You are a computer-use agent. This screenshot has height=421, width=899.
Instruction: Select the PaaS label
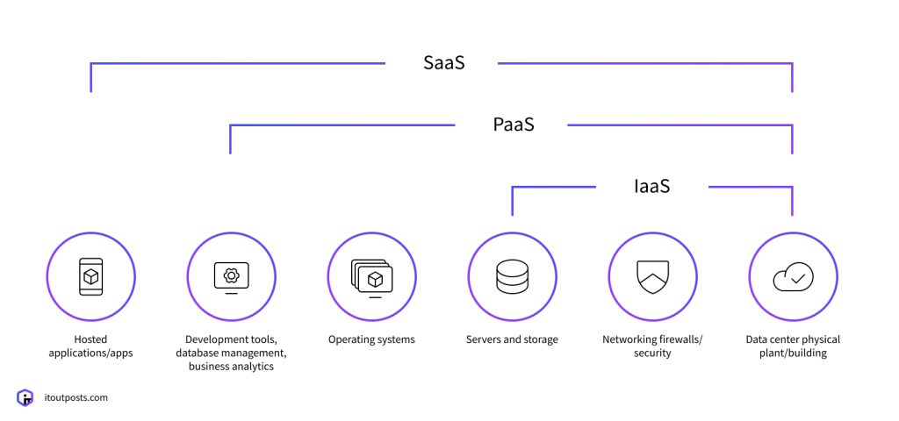coord(513,125)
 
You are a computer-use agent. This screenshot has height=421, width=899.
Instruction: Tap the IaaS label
coord(651,186)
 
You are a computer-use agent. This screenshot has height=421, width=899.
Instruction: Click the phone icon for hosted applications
coord(90,276)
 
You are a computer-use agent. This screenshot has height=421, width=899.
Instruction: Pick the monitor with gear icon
coord(231,276)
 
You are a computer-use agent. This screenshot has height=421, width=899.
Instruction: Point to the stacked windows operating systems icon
coord(371,276)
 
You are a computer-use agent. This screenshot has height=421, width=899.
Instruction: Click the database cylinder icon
coord(512,276)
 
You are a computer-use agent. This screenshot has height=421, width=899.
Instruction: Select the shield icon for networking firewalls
coord(652,276)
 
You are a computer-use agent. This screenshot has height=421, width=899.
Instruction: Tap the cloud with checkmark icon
coord(793,276)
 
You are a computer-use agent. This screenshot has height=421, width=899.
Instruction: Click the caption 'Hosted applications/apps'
coord(90,346)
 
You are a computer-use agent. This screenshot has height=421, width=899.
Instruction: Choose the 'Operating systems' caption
coord(371,339)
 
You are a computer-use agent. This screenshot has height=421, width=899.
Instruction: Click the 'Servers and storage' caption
coord(512,339)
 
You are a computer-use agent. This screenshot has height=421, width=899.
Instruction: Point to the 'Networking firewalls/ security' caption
coord(652,346)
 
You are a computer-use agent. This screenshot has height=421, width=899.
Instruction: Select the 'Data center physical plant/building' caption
coord(793,346)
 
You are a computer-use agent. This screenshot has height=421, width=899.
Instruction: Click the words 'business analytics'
coord(231,367)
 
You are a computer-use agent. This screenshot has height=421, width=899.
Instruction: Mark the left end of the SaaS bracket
coord(90,90)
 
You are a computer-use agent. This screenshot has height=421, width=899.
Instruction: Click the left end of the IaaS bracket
coord(512,213)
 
